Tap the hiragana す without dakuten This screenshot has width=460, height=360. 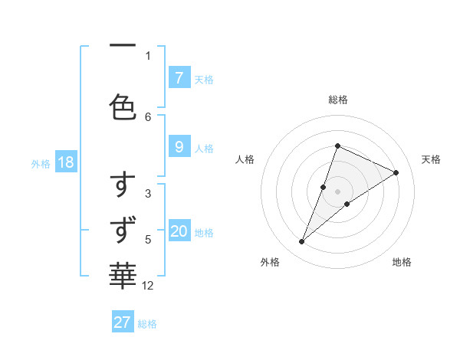pyautogui.click(x=123, y=185)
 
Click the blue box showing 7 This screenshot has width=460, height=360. pyautogui.click(x=179, y=77)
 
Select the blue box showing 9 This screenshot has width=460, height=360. pyautogui.click(x=179, y=147)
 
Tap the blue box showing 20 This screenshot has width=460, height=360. pyautogui.click(x=179, y=231)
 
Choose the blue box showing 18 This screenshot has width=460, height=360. pyautogui.click(x=65, y=162)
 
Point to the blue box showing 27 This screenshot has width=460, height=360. pyautogui.click(x=123, y=322)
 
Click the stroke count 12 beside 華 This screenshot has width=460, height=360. pyautogui.click(x=148, y=286)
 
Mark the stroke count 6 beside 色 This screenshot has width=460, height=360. pyautogui.click(x=148, y=116)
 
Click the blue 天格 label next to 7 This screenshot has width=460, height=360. pyautogui.click(x=204, y=79)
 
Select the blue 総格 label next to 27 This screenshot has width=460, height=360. pyautogui.click(x=147, y=324)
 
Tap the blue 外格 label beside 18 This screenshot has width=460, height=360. pyautogui.click(x=40, y=163)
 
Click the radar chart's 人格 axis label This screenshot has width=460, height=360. pyautogui.click(x=245, y=159)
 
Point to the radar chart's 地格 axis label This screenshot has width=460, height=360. pyautogui.click(x=402, y=262)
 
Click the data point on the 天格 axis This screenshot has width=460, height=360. pyautogui.click(x=396, y=172)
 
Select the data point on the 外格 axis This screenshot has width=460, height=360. pyautogui.click(x=302, y=241)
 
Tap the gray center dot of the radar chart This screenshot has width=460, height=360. pyautogui.click(x=337, y=191)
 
